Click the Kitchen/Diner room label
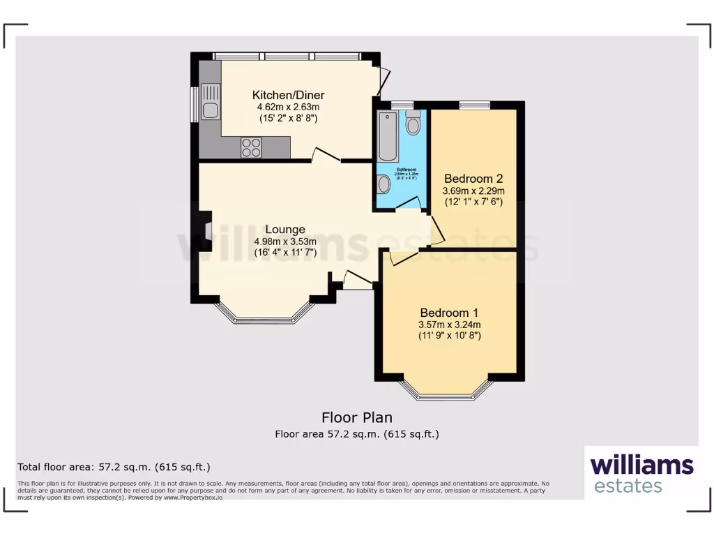tap(288, 96)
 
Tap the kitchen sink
tap(209, 101)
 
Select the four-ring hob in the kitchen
tap(251, 148)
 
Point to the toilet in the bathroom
tap(413, 123)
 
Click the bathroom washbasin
tap(383, 184)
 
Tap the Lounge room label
tap(284, 229)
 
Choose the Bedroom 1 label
tap(449, 313)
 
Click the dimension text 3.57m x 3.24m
tap(449, 325)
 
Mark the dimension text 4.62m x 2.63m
tap(288, 107)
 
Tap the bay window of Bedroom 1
tap(446, 395)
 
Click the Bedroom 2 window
tap(474, 105)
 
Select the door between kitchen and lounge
tap(326, 156)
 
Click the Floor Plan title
tap(356, 417)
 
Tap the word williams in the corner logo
tap(641, 465)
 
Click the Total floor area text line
tap(113, 467)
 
